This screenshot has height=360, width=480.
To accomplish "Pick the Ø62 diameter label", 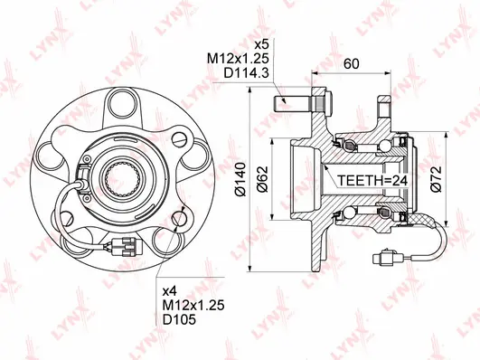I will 263,181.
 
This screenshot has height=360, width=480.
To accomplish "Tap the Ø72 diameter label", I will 435,181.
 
